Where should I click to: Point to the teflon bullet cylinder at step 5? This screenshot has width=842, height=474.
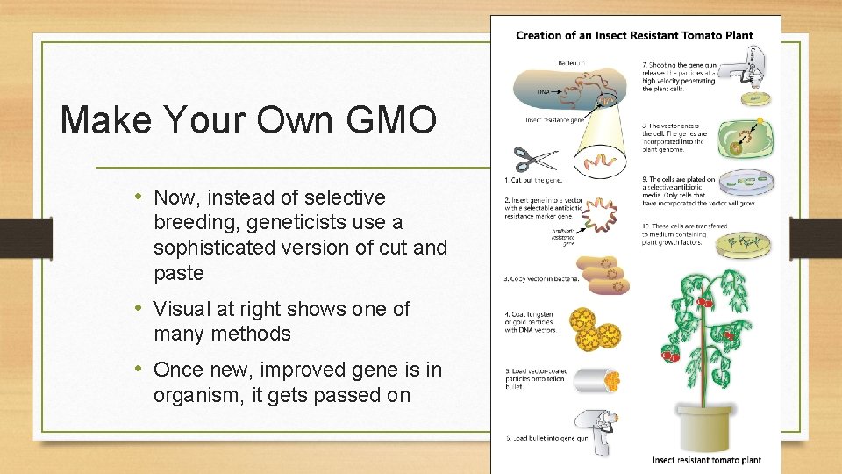tap(596, 380)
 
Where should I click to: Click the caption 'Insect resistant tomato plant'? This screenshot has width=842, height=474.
tap(706, 460)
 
